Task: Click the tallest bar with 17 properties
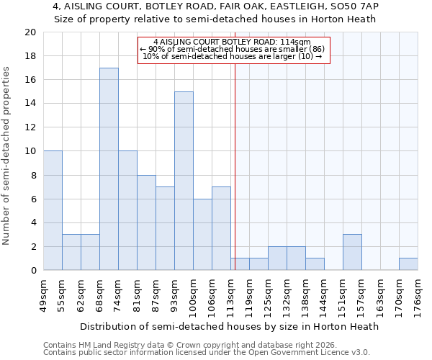pos(109,169)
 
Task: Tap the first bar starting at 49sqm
pos(53,210)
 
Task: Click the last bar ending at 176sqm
pos(408,264)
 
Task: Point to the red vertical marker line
pos(235,166)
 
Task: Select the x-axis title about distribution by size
pos(229,326)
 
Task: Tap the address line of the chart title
pos(215,6)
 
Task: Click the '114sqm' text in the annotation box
pos(297,42)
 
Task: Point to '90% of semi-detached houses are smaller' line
pos(233,49)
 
